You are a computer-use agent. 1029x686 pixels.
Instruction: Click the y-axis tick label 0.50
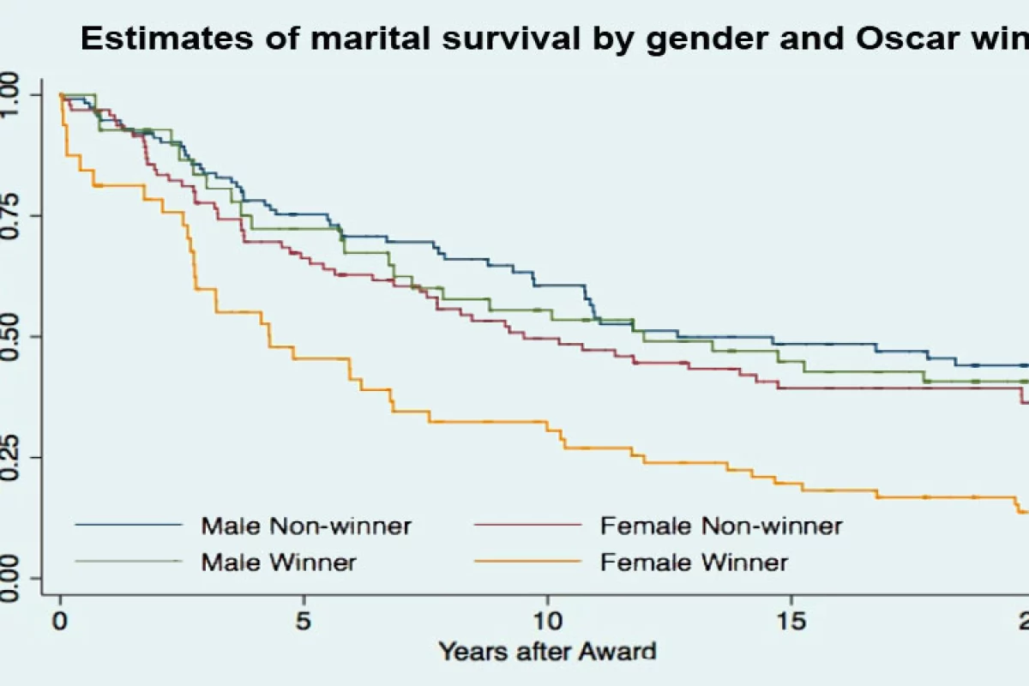pos(12,335)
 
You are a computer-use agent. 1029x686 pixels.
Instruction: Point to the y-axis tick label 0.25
pos(12,456)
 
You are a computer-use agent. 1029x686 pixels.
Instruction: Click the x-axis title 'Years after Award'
pos(547,651)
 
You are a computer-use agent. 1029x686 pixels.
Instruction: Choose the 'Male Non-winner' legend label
pos(306,525)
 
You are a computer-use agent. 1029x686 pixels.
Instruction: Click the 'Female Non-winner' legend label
pos(720,525)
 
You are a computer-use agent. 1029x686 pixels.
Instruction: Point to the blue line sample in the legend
pos(129,524)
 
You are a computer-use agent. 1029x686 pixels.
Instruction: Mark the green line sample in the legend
pos(129,561)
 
